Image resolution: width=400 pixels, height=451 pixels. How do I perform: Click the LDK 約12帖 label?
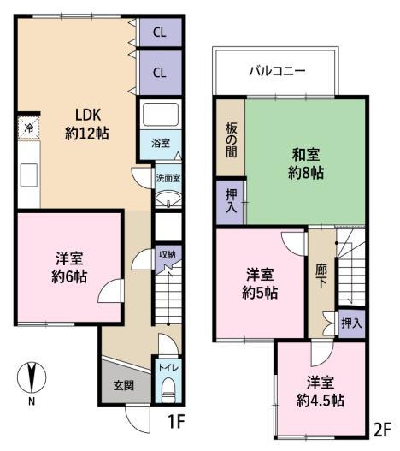(x=87, y=124)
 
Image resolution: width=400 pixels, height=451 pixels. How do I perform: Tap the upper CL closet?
(x=161, y=32)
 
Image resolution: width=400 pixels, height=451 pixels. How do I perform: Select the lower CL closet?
(x=161, y=73)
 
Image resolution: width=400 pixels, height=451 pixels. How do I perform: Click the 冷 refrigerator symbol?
(x=28, y=128)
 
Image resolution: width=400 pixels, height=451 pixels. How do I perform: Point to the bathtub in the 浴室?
(x=161, y=115)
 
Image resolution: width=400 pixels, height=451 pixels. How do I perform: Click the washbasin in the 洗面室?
(x=168, y=199)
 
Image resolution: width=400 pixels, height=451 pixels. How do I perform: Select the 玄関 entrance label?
(x=124, y=385)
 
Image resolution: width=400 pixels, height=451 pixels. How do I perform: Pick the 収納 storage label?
(x=168, y=254)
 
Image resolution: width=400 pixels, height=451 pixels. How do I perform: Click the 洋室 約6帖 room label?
(x=69, y=268)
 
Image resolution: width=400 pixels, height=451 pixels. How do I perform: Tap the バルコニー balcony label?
(x=277, y=71)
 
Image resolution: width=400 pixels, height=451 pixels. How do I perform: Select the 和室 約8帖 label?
(x=306, y=163)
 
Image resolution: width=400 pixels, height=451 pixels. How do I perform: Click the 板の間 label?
(x=231, y=139)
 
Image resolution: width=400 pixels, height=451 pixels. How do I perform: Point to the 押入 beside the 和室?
(x=231, y=201)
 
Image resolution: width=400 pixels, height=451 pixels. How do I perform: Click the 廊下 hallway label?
(x=321, y=276)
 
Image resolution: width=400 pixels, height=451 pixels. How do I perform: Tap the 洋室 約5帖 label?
(x=260, y=283)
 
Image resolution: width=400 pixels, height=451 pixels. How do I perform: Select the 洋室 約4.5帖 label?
(x=321, y=391)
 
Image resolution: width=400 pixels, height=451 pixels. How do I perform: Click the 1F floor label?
(x=175, y=422)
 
